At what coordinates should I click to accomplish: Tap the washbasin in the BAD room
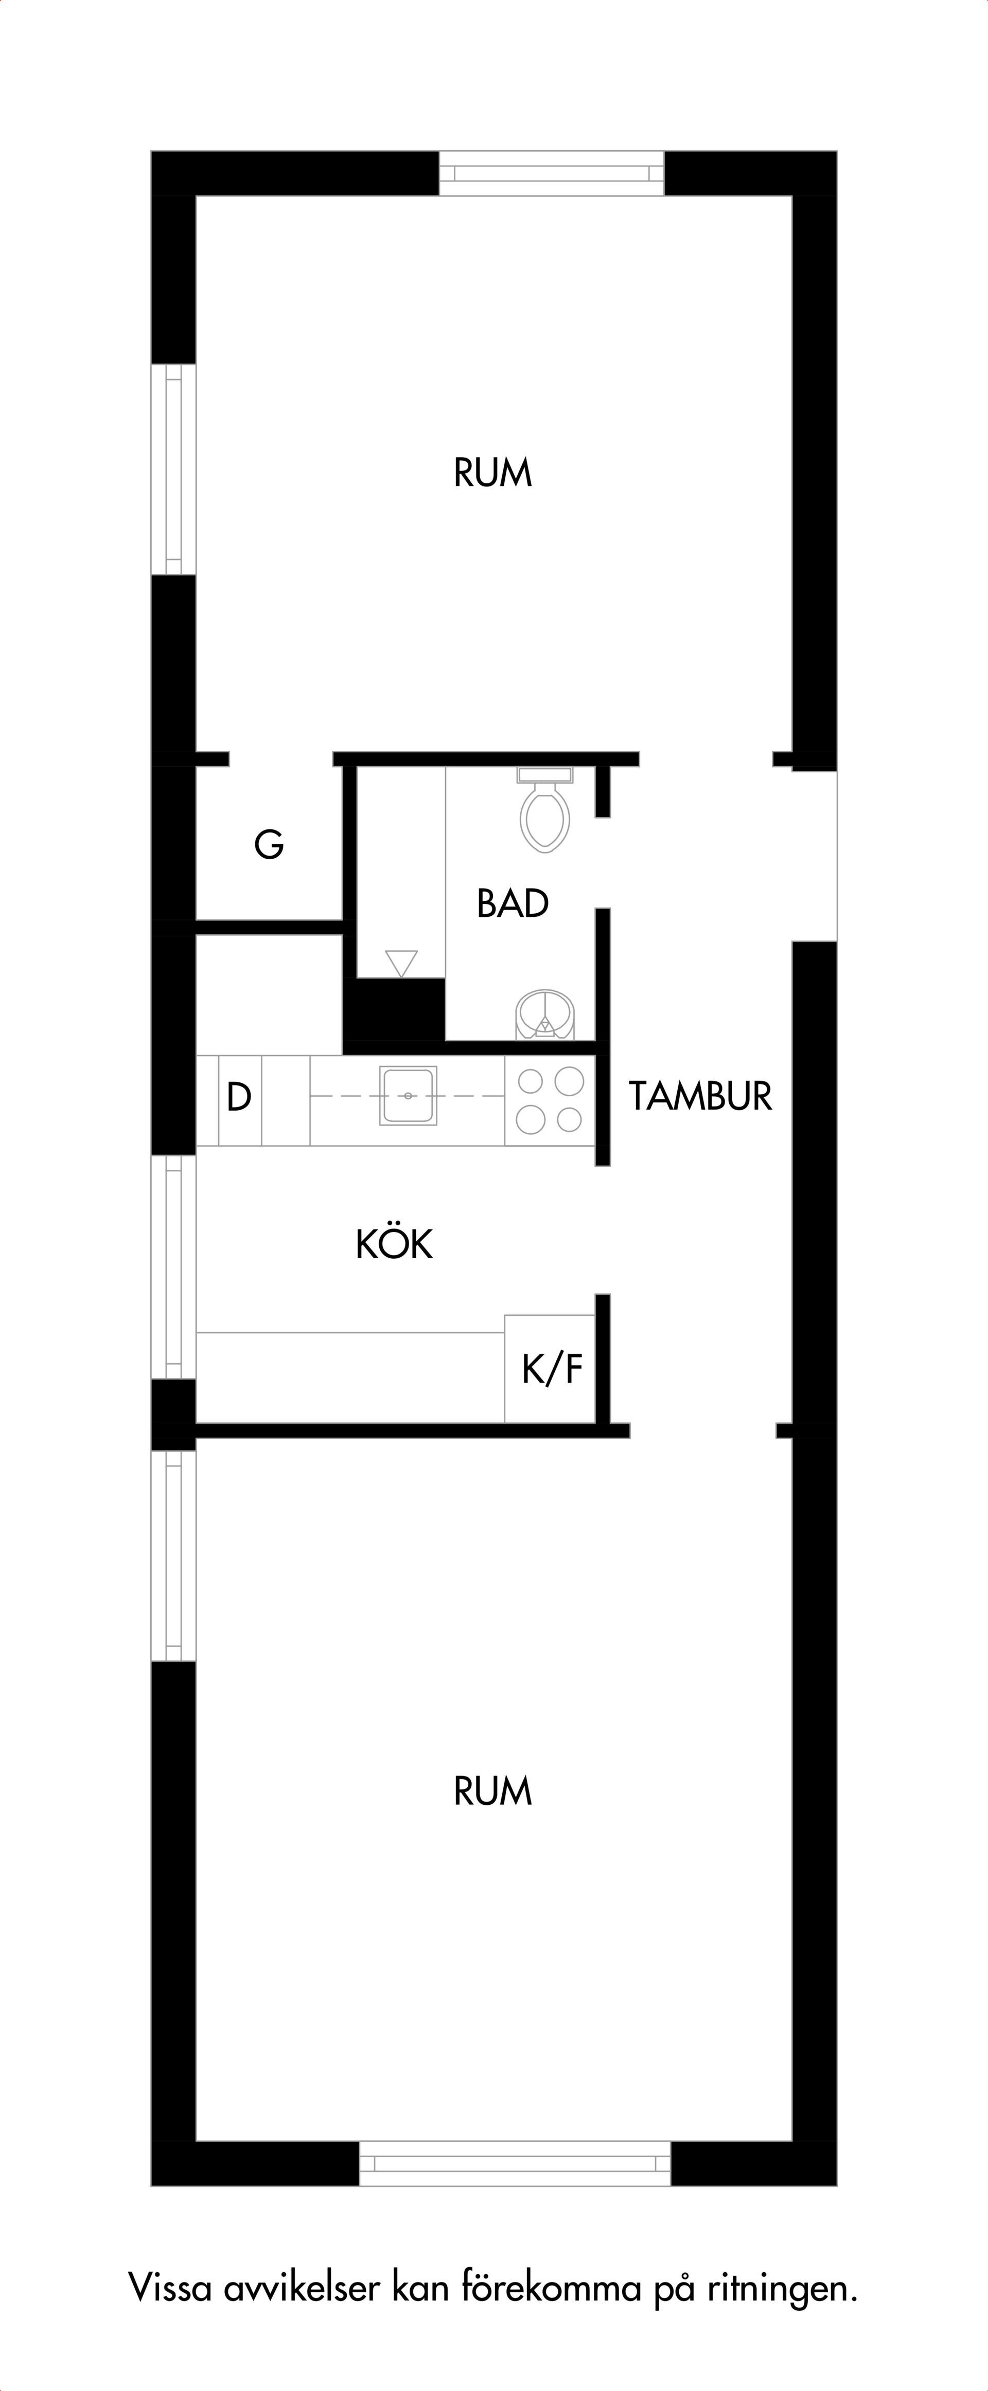(545, 1013)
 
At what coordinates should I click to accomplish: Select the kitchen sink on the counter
(408, 1096)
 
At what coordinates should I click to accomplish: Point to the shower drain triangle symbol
(401, 963)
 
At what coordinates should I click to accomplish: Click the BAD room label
(513, 903)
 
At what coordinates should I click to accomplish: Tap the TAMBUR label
(700, 1096)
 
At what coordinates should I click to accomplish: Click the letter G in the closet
(269, 845)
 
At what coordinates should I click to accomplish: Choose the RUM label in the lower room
(493, 1791)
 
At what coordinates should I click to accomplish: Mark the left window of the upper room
(173, 469)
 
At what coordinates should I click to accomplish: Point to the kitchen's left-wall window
(173, 1267)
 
